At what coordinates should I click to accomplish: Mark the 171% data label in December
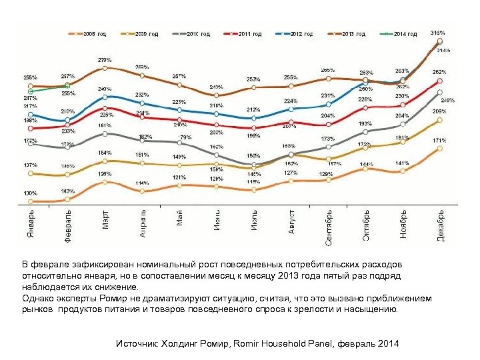tap(439, 141)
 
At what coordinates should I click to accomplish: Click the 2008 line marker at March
tap(105, 181)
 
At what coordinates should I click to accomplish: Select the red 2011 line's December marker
tap(439, 81)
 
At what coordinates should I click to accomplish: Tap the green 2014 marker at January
tap(31, 91)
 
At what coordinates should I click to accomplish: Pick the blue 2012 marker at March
tap(105, 97)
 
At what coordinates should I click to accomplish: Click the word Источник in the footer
tap(136, 344)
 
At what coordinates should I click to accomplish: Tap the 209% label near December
tap(439, 111)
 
